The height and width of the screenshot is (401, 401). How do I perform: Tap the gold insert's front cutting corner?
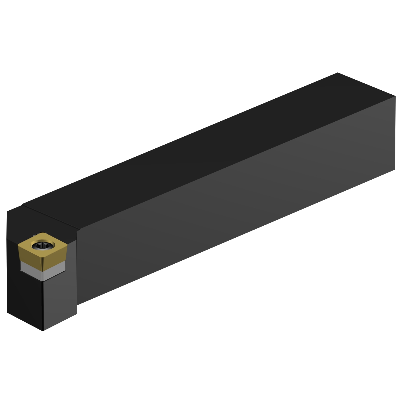43,269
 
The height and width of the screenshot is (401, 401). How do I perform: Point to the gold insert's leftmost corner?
18,245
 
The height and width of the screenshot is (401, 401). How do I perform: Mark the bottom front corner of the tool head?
43,330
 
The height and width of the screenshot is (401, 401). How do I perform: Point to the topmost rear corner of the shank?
338,73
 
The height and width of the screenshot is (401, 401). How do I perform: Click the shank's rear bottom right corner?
395,169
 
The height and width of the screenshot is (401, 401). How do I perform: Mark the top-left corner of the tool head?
7,212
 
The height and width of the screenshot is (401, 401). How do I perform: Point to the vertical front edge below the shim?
43,305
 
